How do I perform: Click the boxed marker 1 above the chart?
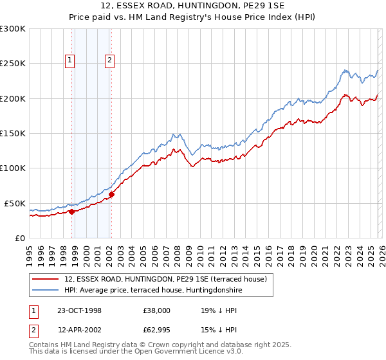pos(69,61)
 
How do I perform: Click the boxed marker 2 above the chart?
pos(109,61)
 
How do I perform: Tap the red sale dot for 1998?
pos(72,211)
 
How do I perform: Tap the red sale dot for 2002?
pos(111,194)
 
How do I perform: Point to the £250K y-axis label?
pos(13,64)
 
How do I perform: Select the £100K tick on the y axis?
pos(13,168)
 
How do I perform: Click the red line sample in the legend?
pos(46,278)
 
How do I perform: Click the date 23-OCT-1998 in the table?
pos(78,310)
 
